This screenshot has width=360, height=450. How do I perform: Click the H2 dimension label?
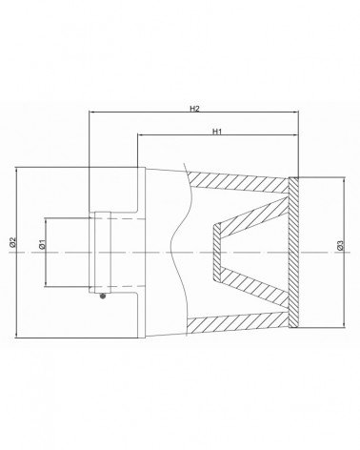194,109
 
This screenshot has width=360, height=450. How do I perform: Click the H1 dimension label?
217,132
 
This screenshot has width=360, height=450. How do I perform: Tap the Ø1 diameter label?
42,244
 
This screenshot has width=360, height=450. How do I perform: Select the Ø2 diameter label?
12,242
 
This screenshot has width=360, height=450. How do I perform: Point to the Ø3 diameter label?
340,245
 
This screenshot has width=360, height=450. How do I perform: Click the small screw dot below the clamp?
102,297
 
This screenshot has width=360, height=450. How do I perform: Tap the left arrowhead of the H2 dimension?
92,112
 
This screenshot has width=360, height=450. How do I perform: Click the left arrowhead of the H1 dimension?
140,134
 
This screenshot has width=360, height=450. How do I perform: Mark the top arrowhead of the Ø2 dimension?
15,170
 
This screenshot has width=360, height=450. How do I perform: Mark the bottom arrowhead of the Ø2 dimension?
15,335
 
